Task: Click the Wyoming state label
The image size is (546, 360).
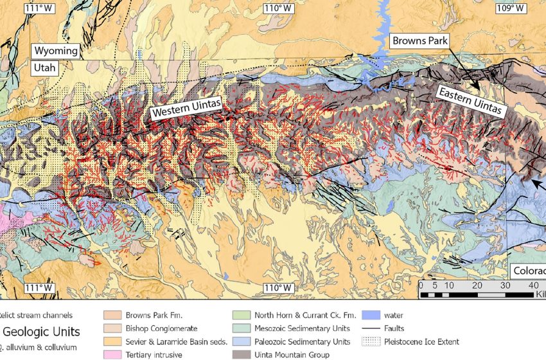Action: tap(56, 51)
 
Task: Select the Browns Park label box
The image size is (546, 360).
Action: tap(418, 40)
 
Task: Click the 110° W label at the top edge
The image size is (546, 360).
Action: tap(278, 8)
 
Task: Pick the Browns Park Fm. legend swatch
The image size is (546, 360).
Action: tap(112, 316)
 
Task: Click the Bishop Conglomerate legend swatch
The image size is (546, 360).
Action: tap(112, 328)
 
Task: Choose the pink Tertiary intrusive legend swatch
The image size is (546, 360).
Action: tap(112, 355)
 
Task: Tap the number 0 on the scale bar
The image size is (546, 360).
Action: tap(421, 285)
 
